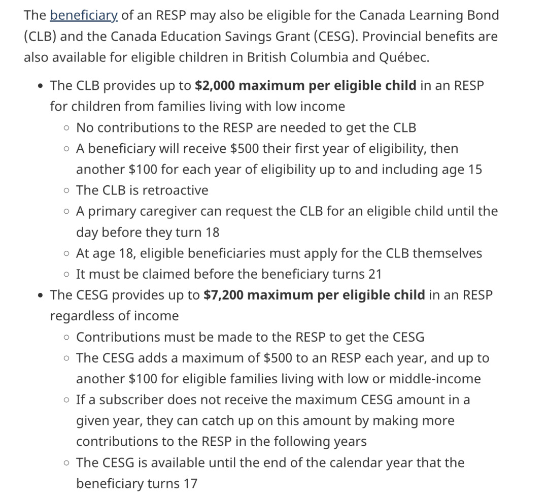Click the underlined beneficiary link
coord(84,15)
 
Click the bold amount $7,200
coord(223,294)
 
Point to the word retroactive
coord(175,190)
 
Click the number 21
coord(374,274)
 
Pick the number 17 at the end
coord(190,483)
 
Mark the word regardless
coord(82,316)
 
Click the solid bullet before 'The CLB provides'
coord(40,86)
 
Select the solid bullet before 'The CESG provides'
coord(40,295)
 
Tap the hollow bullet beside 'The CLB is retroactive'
coord(67,191)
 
